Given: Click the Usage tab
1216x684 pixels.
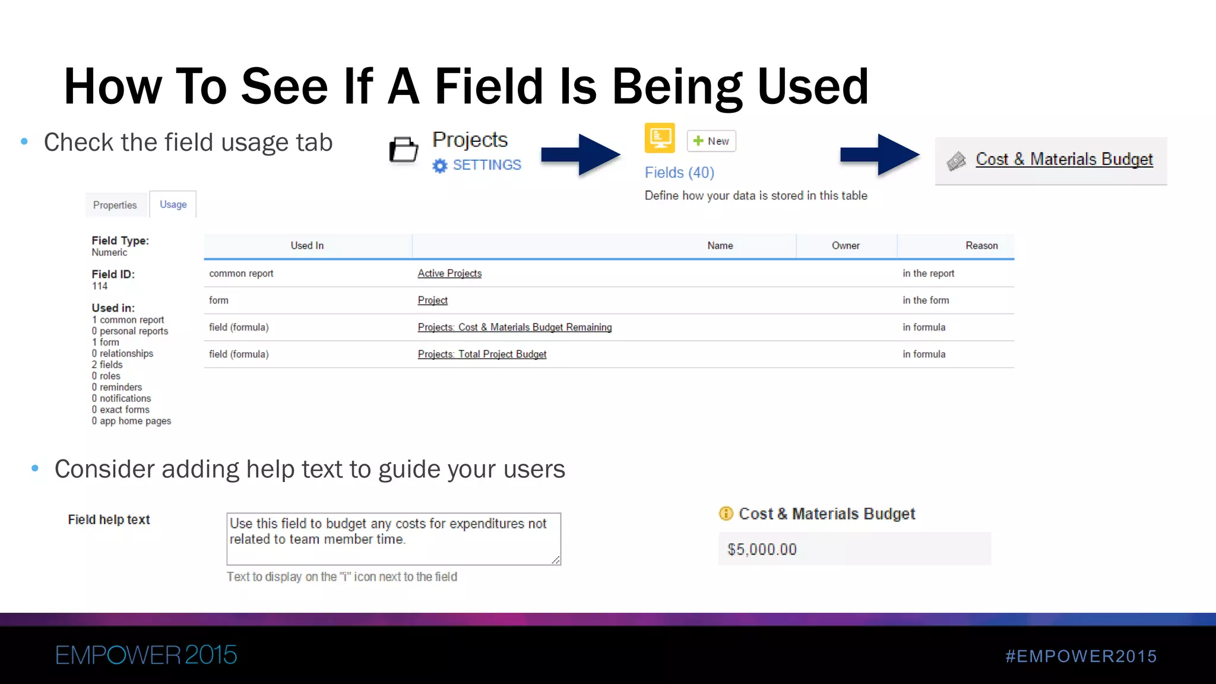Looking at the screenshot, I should (x=173, y=205).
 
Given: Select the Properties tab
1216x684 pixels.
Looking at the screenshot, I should (x=115, y=205).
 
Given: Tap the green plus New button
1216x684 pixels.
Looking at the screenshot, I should (x=711, y=141).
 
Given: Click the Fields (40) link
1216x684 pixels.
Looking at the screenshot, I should (x=679, y=173).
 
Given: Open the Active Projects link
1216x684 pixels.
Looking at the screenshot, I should (x=449, y=274).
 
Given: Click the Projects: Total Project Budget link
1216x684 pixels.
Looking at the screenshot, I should (x=482, y=354).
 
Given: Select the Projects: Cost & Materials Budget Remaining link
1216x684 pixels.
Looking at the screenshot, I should (x=514, y=328).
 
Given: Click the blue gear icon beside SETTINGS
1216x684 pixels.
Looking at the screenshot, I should (x=439, y=166).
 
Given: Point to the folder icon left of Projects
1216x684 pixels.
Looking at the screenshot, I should (x=404, y=150).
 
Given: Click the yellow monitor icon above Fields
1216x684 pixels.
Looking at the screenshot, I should (x=660, y=138).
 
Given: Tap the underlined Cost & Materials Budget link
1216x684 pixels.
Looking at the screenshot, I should (x=1064, y=160).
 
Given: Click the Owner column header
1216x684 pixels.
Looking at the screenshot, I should (x=845, y=246).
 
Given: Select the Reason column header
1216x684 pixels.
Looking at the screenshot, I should (x=981, y=246).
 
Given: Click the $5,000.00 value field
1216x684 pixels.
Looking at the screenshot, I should (x=854, y=549).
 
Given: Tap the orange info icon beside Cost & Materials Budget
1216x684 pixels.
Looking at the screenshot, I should (x=726, y=514).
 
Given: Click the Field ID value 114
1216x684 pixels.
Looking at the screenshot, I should (x=100, y=286).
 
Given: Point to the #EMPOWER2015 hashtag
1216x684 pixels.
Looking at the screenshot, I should (x=1081, y=656).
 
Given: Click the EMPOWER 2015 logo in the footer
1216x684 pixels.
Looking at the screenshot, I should (x=146, y=655).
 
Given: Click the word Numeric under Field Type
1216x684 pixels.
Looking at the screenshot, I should (x=109, y=253).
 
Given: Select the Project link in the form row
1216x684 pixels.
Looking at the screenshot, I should (x=432, y=300).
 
